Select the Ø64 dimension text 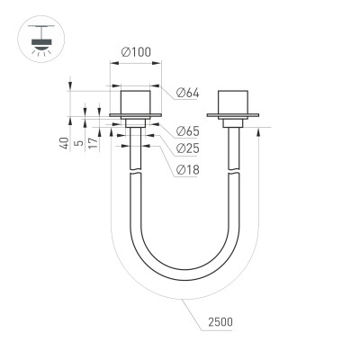point(187,93)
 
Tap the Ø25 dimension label point(187,148)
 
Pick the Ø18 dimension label point(187,169)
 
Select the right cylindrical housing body point(234,99)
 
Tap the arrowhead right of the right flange point(262,131)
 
